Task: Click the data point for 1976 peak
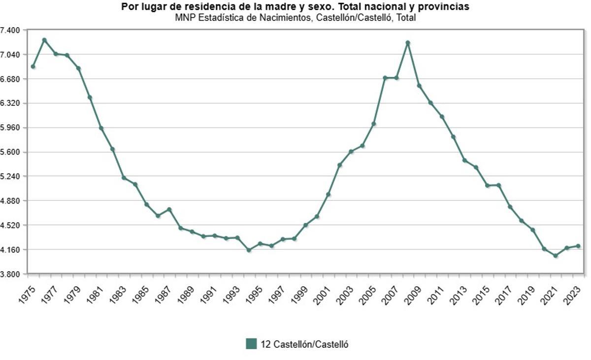44,40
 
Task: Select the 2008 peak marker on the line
408,43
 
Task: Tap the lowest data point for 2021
556,256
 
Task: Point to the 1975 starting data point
33,66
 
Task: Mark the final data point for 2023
578,246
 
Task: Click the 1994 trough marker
249,250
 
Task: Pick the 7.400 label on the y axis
10,30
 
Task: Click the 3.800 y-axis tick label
10,274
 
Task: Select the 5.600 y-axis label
10,152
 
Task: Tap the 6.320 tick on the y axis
10,103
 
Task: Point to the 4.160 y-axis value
10,250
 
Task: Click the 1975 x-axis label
28,295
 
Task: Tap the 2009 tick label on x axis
414,295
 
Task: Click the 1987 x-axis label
164,295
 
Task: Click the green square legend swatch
251,344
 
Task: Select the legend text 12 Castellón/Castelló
304,344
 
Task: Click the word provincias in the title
446,7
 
